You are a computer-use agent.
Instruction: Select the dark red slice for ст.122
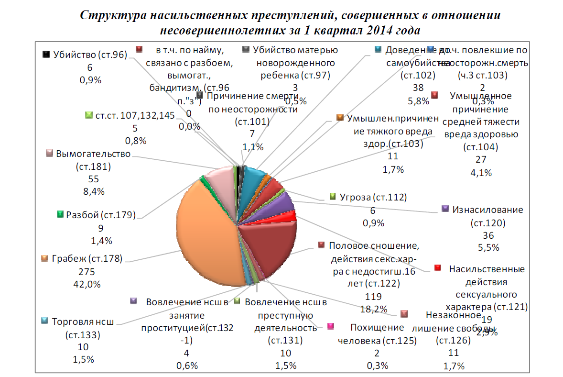pyautogui.click(x=268, y=246)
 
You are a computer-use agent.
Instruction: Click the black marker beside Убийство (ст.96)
pyautogui.click(x=46, y=54)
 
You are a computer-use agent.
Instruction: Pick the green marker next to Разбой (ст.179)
pyautogui.click(x=60, y=214)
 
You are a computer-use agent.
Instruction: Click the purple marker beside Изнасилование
pyautogui.click(x=445, y=209)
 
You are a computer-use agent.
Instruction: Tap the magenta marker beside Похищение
pyautogui.click(x=330, y=326)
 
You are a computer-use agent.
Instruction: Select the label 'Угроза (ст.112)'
pyautogui.click(x=373, y=197)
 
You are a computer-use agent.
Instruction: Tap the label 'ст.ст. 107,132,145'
pyautogui.click(x=125, y=115)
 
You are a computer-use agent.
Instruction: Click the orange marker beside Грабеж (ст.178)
pyautogui.click(x=44, y=259)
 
